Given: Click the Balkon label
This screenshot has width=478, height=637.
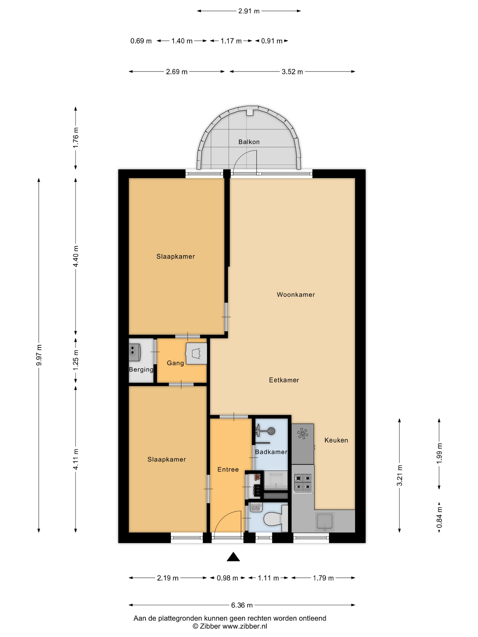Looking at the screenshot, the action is tap(249, 142).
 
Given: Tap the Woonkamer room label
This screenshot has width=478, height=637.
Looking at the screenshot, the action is tap(296, 294).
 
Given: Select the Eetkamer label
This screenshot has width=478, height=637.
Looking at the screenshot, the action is tap(284, 380).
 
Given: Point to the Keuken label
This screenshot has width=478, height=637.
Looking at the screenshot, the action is tap(336, 440).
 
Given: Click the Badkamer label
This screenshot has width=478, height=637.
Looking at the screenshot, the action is tap(271, 452).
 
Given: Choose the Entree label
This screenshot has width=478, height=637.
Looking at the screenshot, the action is tap(228, 469).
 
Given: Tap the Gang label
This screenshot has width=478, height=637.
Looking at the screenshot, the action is tap(175, 363).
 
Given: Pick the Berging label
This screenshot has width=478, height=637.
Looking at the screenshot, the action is tap(141, 369).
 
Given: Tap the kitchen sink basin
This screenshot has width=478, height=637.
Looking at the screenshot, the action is tap(324, 521).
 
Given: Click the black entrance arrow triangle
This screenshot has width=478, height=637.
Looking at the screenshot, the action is tap(233, 557).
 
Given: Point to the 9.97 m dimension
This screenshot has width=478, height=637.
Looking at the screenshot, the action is tap(39, 355).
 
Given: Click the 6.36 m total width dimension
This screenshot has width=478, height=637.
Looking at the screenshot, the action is tap(242, 605).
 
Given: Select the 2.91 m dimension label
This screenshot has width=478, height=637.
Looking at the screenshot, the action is tap(249, 11).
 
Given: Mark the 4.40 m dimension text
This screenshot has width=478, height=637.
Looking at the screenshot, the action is tap(76, 256).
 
